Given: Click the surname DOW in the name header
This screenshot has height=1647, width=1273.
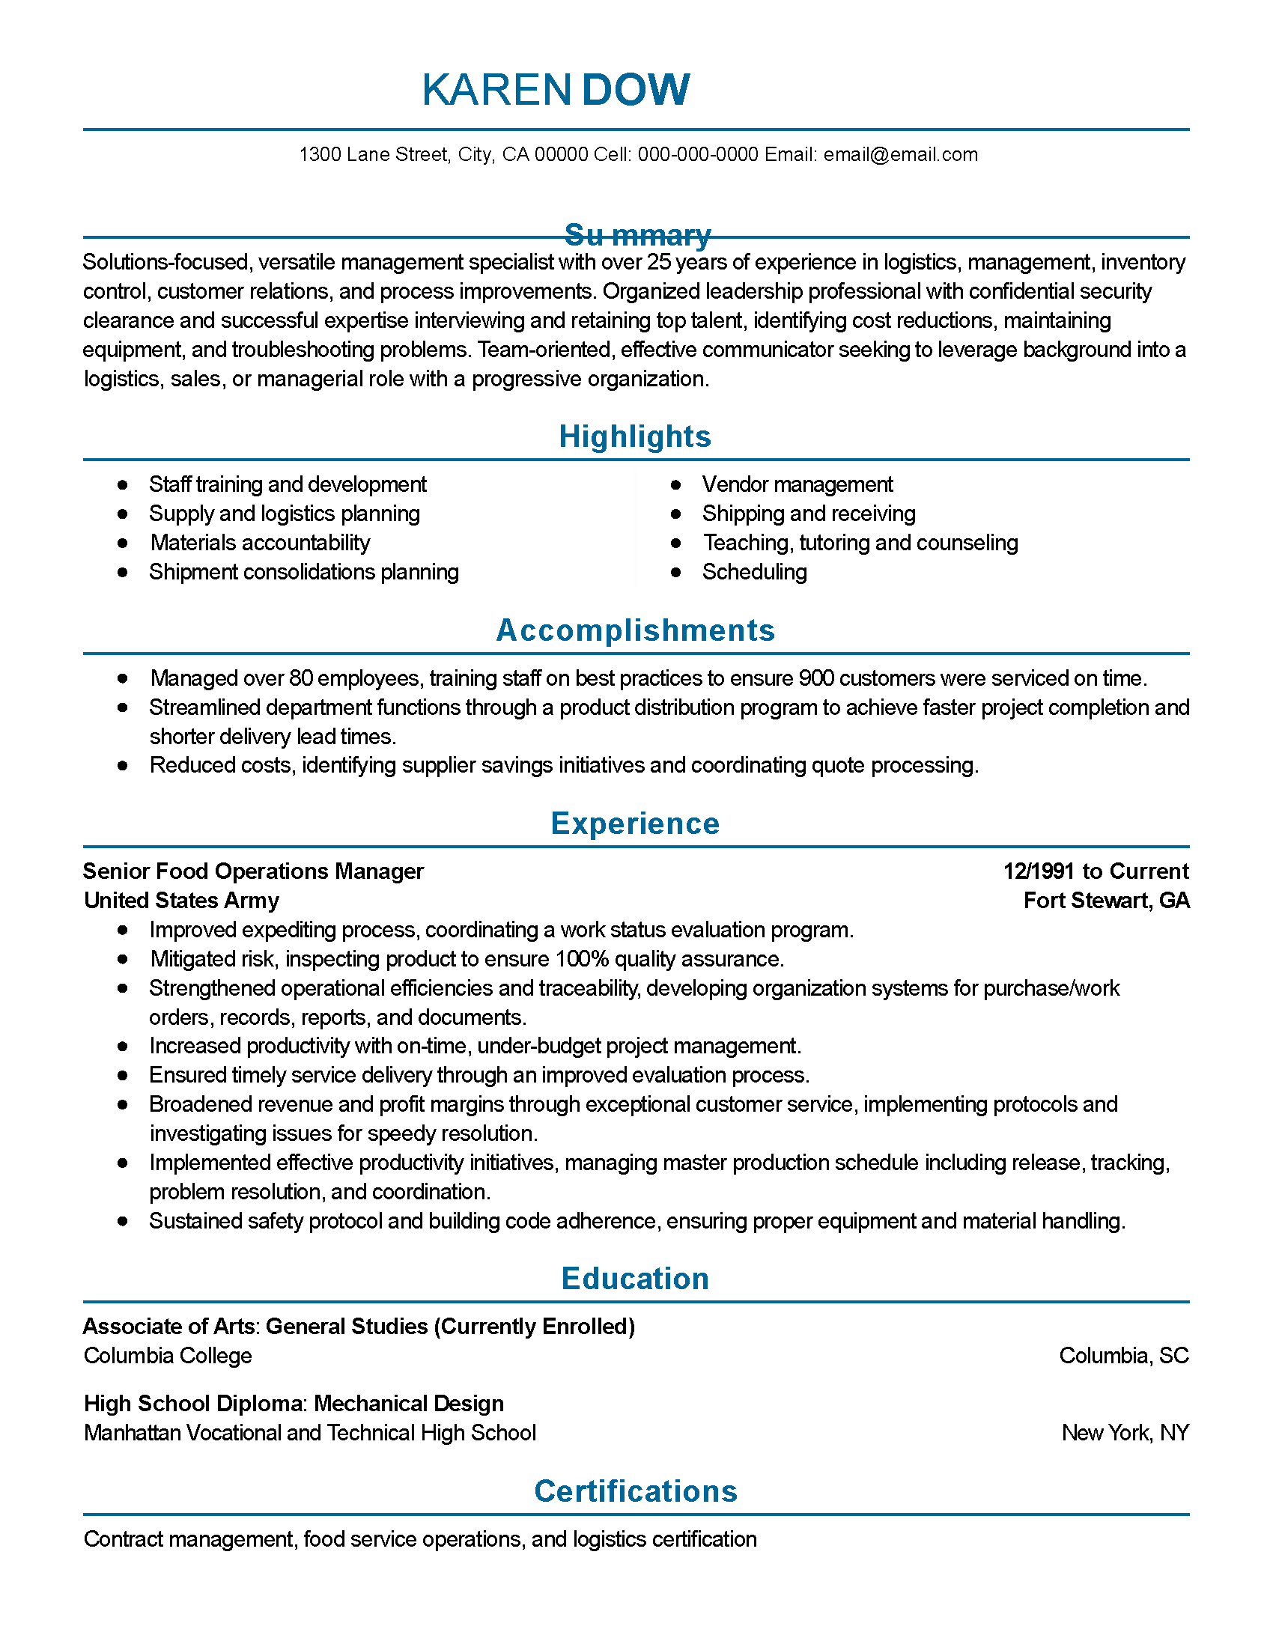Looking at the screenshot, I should tap(635, 90).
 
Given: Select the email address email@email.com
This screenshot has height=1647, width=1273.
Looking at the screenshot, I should tap(900, 155).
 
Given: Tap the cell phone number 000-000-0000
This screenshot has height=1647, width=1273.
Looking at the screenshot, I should tap(698, 155).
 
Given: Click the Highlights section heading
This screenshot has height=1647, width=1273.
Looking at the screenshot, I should tap(635, 436).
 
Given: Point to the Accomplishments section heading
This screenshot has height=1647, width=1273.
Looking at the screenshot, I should tap(635, 630).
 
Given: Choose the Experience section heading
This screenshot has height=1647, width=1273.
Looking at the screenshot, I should tap(635, 823).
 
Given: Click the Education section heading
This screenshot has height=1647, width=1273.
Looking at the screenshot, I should tap(635, 1279).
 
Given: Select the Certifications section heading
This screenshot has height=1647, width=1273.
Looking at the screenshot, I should tap(635, 1491).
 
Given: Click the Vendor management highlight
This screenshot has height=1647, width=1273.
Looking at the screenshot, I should tap(797, 484).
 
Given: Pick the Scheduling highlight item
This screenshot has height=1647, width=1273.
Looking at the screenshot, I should tap(754, 573).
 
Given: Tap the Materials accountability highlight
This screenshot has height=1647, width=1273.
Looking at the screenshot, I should tap(260, 543).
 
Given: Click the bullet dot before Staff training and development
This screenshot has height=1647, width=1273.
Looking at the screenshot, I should tap(122, 484).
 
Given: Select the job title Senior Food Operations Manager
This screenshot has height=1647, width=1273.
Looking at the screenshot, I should tap(253, 871).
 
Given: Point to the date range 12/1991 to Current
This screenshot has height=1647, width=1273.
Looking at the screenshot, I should tap(1095, 871).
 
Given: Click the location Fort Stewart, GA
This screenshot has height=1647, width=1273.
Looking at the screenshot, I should tap(1105, 901).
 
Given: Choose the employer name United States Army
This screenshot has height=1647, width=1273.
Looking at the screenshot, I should tap(182, 901).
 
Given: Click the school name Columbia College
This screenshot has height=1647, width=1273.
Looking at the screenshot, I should tap(168, 1356).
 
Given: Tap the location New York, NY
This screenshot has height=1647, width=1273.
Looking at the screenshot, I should tap(1125, 1433).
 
